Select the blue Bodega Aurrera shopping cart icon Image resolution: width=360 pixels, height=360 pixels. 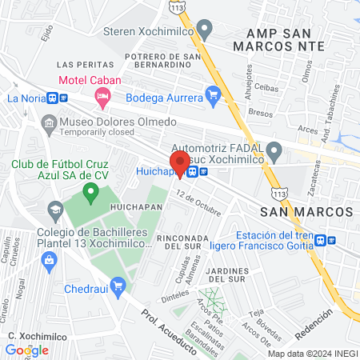pyautogui.click(x=212, y=97)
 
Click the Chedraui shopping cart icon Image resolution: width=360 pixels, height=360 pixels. pyautogui.click(x=118, y=285)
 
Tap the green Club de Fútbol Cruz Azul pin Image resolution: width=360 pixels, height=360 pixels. pyautogui.click(x=91, y=191)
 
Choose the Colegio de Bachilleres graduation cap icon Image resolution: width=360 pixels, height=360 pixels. pyautogui.click(x=55, y=211)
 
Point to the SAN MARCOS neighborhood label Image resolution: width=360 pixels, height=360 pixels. pyautogui.click(x=306, y=210)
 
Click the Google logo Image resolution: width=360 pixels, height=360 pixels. pyautogui.click(x=26, y=350)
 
